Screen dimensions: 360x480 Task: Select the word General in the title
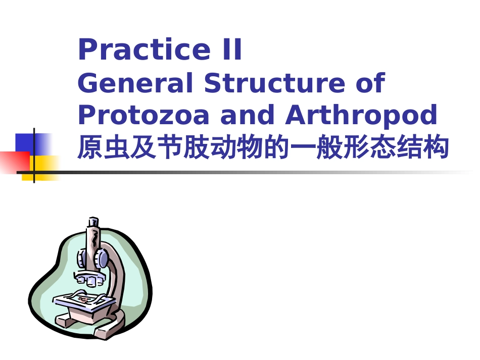135,83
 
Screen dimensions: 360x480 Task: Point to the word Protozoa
143,116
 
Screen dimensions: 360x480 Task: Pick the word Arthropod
361,116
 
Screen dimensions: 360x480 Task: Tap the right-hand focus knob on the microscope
103,260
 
